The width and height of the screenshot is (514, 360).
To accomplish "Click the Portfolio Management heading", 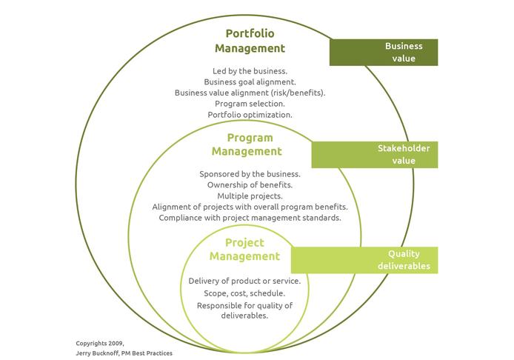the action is click(x=250, y=41).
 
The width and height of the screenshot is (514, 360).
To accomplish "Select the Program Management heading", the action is click(x=247, y=144).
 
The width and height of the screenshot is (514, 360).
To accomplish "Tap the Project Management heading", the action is click(x=244, y=250).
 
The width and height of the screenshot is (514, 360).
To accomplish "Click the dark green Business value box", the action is click(x=384, y=53).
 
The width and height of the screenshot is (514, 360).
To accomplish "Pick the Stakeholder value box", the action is click(x=375, y=155).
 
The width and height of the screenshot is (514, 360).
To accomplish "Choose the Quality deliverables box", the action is click(x=364, y=260).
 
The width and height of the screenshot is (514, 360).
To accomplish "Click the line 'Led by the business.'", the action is click(x=250, y=71).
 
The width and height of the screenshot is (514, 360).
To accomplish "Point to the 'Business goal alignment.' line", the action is click(x=250, y=82).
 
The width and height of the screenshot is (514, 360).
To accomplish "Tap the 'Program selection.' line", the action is click(x=250, y=104).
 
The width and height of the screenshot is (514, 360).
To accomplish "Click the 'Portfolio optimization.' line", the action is click(x=250, y=115).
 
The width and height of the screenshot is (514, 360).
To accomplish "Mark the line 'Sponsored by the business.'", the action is click(x=250, y=174).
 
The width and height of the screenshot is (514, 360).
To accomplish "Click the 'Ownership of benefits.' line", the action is click(x=250, y=185).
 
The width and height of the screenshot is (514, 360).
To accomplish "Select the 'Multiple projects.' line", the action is click(x=250, y=196).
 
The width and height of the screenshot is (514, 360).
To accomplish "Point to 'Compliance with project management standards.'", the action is click(x=250, y=218).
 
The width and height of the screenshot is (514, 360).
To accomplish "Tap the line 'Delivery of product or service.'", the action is click(x=244, y=281).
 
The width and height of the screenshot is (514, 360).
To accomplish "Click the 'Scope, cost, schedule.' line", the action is click(x=244, y=293).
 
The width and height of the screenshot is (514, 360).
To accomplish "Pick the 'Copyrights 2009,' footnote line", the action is click(x=100, y=344).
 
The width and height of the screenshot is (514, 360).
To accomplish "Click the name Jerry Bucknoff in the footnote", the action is click(x=97, y=353).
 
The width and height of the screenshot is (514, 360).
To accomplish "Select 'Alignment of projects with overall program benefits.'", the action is click(x=250, y=207).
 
